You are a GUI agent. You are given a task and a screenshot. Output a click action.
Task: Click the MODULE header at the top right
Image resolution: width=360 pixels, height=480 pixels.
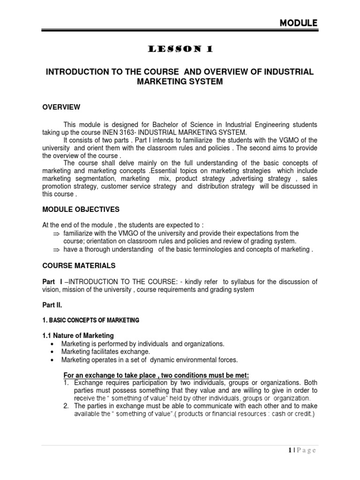(x=298, y=22)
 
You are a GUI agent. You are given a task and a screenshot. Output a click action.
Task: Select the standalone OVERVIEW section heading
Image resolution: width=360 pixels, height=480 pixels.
(x=61, y=107)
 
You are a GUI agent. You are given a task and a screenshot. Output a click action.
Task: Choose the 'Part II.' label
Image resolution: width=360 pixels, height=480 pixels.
(x=53, y=305)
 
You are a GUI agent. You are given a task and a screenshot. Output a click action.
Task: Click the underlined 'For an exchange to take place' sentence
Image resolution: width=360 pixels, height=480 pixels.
(x=156, y=375)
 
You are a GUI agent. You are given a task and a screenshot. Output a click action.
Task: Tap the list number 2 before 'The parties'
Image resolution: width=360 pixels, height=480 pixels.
(x=67, y=405)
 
